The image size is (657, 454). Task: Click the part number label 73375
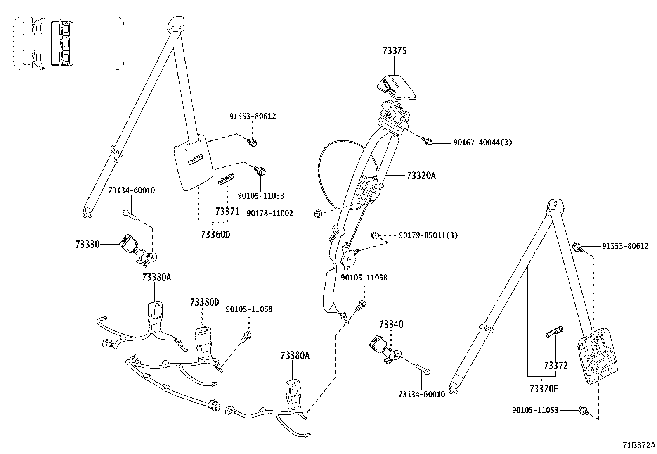(395, 51)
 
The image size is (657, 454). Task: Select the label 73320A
(421, 176)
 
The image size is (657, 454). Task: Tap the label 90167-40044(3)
(482, 143)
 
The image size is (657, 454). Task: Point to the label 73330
(87, 244)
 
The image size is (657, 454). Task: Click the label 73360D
(215, 235)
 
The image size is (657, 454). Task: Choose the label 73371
(227, 212)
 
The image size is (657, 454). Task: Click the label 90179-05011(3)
(428, 235)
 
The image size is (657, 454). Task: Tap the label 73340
(391, 324)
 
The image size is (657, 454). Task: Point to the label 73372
(556, 365)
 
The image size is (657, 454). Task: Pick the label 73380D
(205, 302)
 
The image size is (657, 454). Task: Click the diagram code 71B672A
(639, 446)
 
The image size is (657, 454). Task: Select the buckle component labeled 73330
(130, 243)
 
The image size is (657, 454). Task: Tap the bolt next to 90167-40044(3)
(428, 142)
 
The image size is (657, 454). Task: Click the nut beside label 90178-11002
(318, 214)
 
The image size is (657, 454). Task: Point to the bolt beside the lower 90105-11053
(584, 410)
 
